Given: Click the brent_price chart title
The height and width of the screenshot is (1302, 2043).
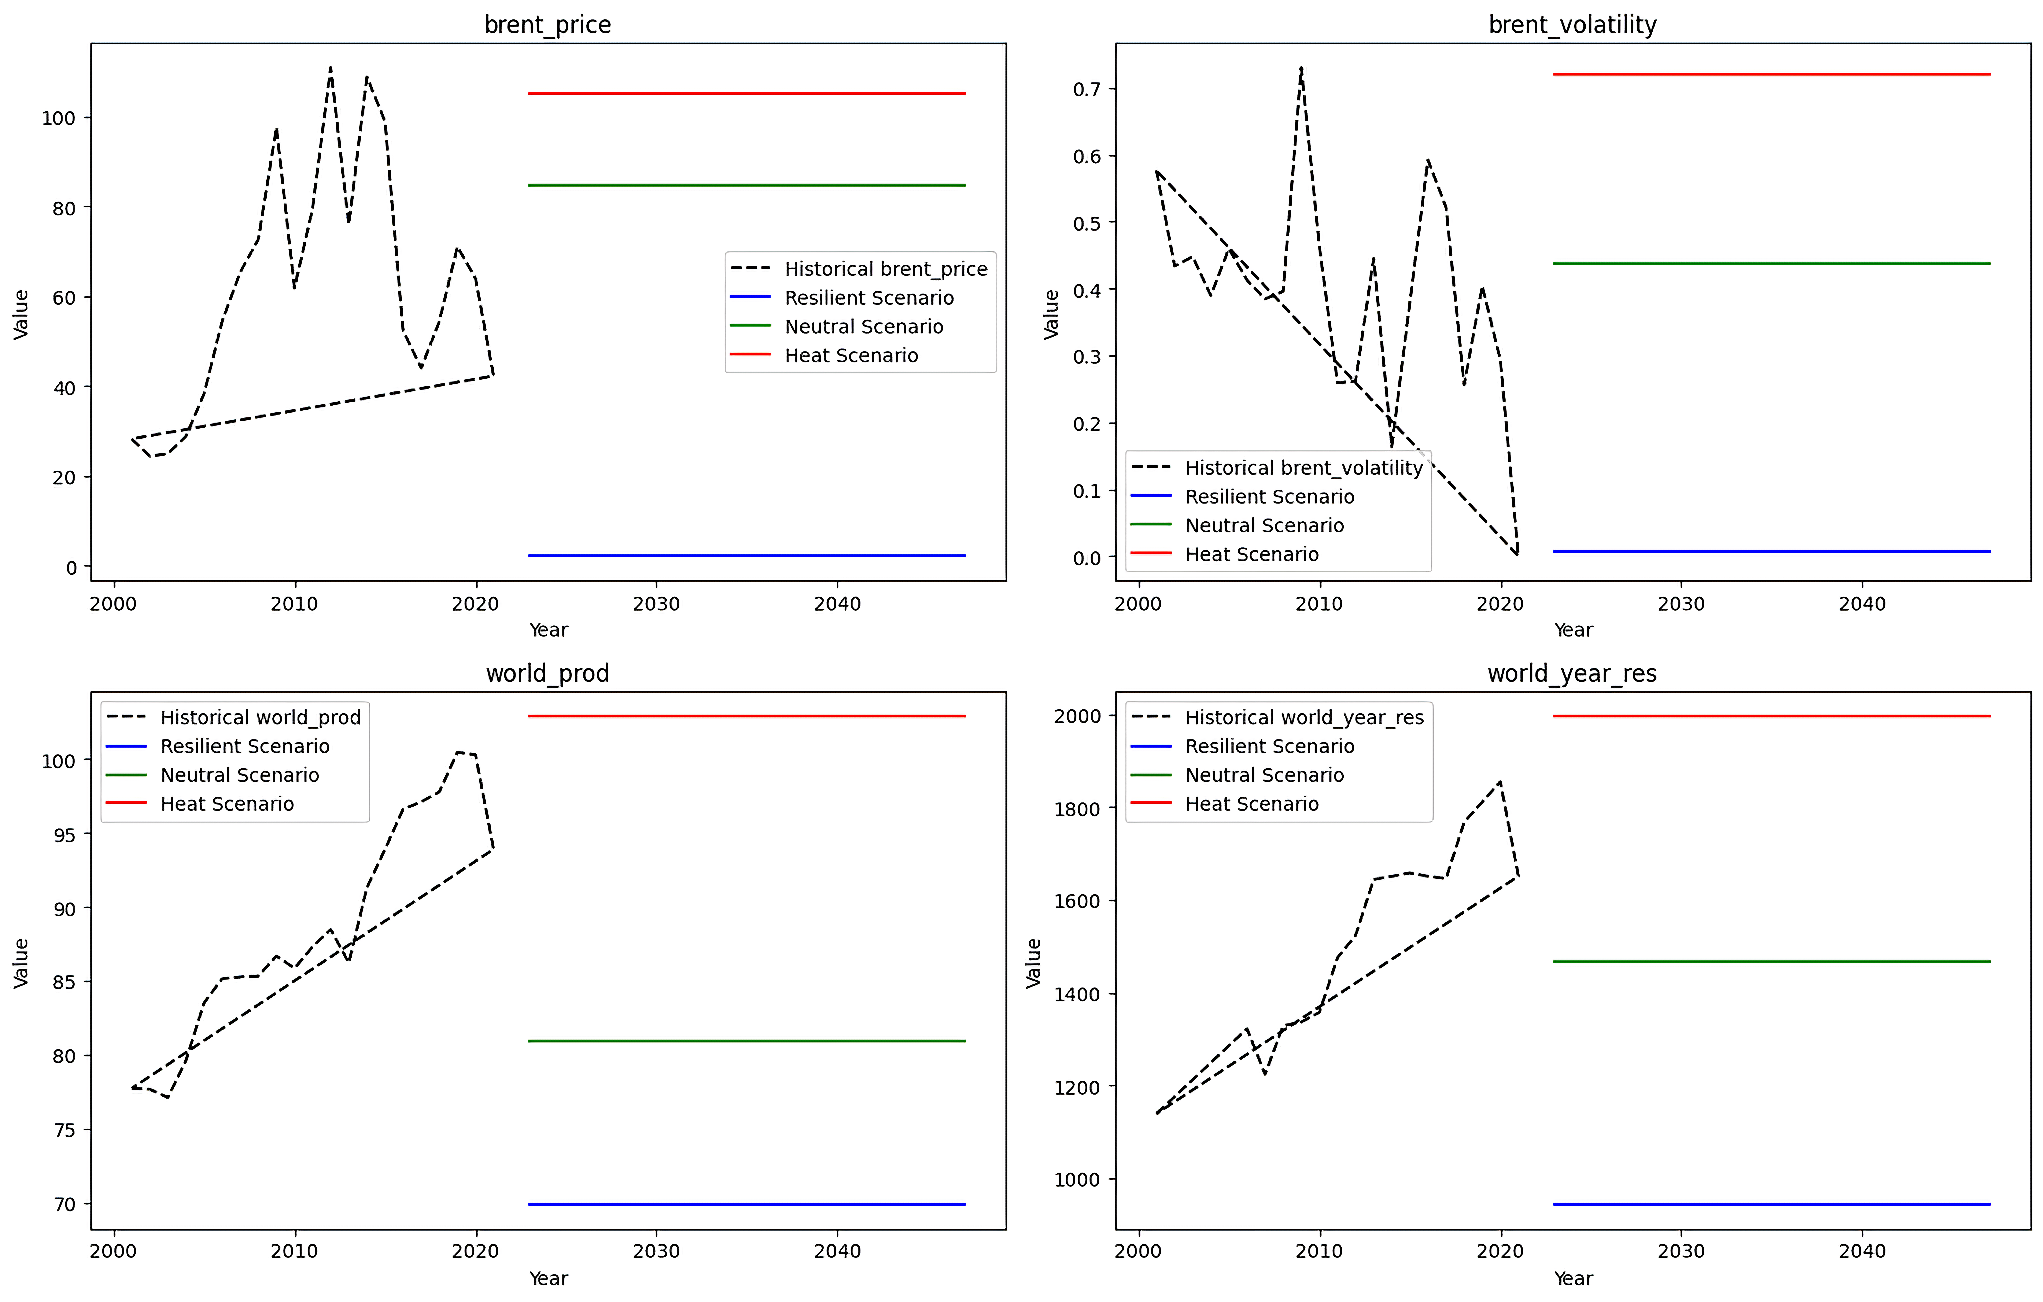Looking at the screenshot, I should [x=547, y=25].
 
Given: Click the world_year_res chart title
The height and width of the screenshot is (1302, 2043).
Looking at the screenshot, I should [x=1571, y=673].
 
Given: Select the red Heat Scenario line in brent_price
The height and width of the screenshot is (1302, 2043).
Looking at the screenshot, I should [x=747, y=93].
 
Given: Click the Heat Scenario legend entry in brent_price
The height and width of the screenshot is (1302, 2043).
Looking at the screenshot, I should [x=851, y=355].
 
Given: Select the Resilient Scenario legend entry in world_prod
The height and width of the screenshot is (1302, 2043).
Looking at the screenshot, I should [x=244, y=746].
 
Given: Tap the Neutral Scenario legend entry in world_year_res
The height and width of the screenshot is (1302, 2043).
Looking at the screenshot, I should [x=1264, y=775].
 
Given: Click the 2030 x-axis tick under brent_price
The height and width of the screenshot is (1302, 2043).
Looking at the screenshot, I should [x=656, y=604].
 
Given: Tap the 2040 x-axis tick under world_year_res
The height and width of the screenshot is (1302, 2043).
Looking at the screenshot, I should [x=1861, y=1251].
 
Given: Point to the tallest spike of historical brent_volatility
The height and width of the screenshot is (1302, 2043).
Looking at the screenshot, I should [x=1301, y=68].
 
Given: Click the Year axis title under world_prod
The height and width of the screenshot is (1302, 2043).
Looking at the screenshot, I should [x=548, y=1278].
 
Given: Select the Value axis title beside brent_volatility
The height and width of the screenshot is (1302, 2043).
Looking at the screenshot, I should [x=1051, y=314].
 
